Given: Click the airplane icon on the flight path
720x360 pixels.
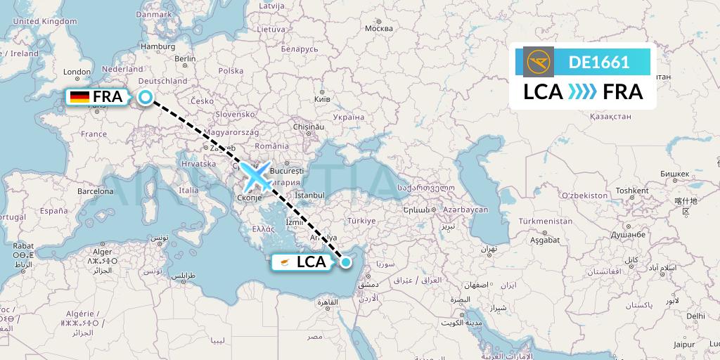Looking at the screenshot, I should tap(257, 176).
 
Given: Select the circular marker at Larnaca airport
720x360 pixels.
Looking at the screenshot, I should tap(345, 262).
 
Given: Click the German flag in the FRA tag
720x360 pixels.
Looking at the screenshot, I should tap(79, 98).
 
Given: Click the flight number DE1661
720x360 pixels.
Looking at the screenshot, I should tap(599, 62).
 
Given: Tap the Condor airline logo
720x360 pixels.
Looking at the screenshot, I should tap(539, 62).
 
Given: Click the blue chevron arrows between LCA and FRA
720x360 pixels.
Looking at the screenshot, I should tap(582, 91).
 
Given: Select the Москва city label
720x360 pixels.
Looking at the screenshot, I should tap(379, 28).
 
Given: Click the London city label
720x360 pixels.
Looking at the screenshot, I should tap(77, 72).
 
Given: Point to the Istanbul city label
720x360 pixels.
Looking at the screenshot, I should tap(310, 195).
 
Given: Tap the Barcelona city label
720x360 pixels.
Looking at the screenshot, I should tap(96, 191).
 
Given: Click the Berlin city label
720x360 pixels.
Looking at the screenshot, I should tap(185, 59).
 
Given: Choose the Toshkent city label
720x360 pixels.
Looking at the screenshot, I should tap(631, 191).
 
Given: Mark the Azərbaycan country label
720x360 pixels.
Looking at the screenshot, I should tap(465, 210).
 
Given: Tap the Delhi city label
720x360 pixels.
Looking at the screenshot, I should tap(695, 316).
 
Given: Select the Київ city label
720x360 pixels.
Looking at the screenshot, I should tap(322, 100).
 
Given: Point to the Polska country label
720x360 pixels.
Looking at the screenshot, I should tap(231, 71).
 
